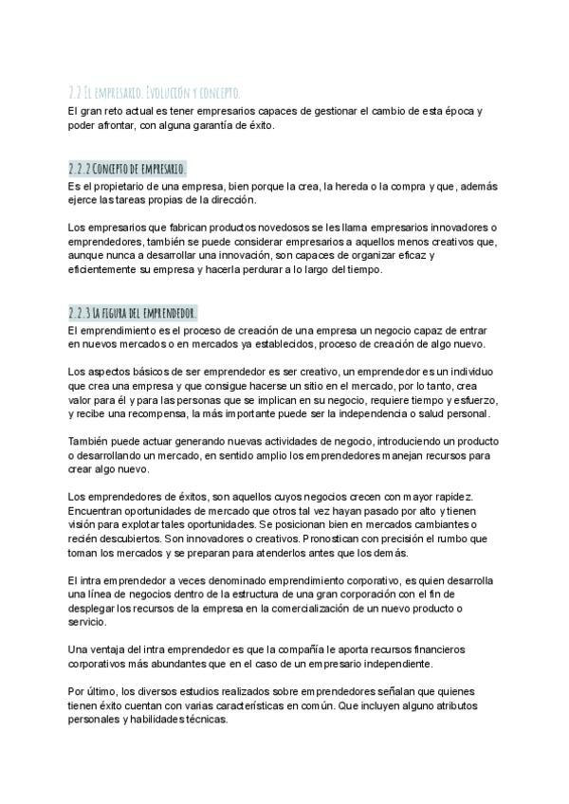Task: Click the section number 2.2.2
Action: click(81, 168)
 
